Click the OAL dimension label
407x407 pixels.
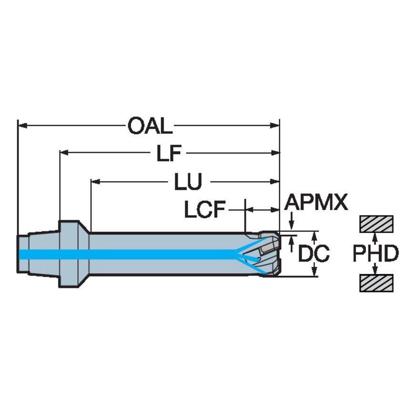(149, 126)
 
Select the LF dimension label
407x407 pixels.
(169, 153)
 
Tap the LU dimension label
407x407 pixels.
(187, 182)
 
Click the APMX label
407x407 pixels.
(315, 203)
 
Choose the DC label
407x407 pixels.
(314, 254)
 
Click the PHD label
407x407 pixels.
(376, 254)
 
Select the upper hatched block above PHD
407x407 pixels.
(376, 224)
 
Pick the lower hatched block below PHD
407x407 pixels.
(376, 284)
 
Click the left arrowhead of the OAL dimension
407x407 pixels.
(21, 126)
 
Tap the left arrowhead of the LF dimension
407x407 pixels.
(63, 153)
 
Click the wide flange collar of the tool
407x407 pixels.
(69, 254)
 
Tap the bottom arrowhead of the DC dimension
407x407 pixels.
(314, 273)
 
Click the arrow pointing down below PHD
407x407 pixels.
(376, 271)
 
